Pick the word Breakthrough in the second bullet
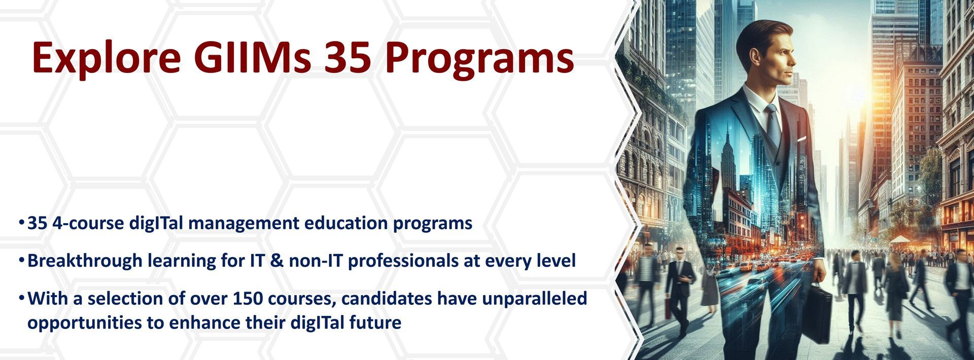(85, 261)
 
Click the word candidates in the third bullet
(384, 298)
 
